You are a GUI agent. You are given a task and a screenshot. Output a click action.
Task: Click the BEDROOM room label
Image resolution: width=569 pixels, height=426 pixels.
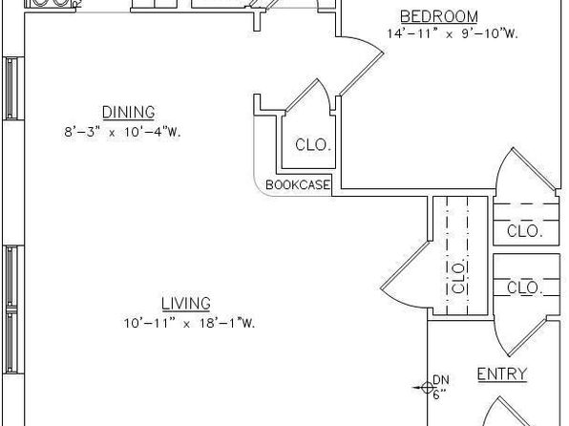(439, 16)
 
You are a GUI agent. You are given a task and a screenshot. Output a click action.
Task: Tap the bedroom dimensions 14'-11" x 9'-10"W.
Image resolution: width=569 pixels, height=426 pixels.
(453, 33)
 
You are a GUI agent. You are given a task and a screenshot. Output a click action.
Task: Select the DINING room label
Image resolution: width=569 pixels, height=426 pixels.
(129, 112)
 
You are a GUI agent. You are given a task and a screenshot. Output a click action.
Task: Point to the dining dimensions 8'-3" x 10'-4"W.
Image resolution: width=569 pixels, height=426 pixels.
(122, 132)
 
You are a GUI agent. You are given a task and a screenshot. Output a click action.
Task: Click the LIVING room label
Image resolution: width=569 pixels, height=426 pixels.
(186, 304)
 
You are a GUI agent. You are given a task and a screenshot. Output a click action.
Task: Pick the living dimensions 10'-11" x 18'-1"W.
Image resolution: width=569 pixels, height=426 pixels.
(189, 323)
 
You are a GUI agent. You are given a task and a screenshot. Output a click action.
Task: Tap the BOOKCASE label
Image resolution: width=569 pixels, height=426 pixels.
(298, 185)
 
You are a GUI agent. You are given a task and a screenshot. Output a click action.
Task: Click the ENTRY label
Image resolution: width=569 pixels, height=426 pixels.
(502, 374)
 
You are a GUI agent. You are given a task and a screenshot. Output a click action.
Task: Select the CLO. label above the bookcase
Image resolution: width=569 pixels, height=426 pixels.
(313, 145)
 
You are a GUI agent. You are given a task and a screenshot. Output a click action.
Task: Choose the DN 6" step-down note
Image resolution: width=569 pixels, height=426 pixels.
(440, 387)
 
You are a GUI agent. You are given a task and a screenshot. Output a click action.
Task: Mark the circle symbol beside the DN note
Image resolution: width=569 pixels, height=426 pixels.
(428, 388)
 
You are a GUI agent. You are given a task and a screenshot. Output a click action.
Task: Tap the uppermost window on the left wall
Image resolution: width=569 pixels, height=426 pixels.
(11, 89)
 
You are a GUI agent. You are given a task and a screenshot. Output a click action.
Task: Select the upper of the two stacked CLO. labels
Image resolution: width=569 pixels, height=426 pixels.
(525, 231)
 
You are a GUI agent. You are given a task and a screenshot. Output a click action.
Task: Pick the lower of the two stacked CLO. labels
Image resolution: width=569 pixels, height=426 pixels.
(525, 288)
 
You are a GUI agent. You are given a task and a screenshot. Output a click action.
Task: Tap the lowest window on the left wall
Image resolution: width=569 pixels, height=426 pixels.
(11, 341)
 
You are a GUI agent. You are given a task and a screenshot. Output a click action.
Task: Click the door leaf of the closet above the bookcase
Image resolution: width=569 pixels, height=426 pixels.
(302, 96)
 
